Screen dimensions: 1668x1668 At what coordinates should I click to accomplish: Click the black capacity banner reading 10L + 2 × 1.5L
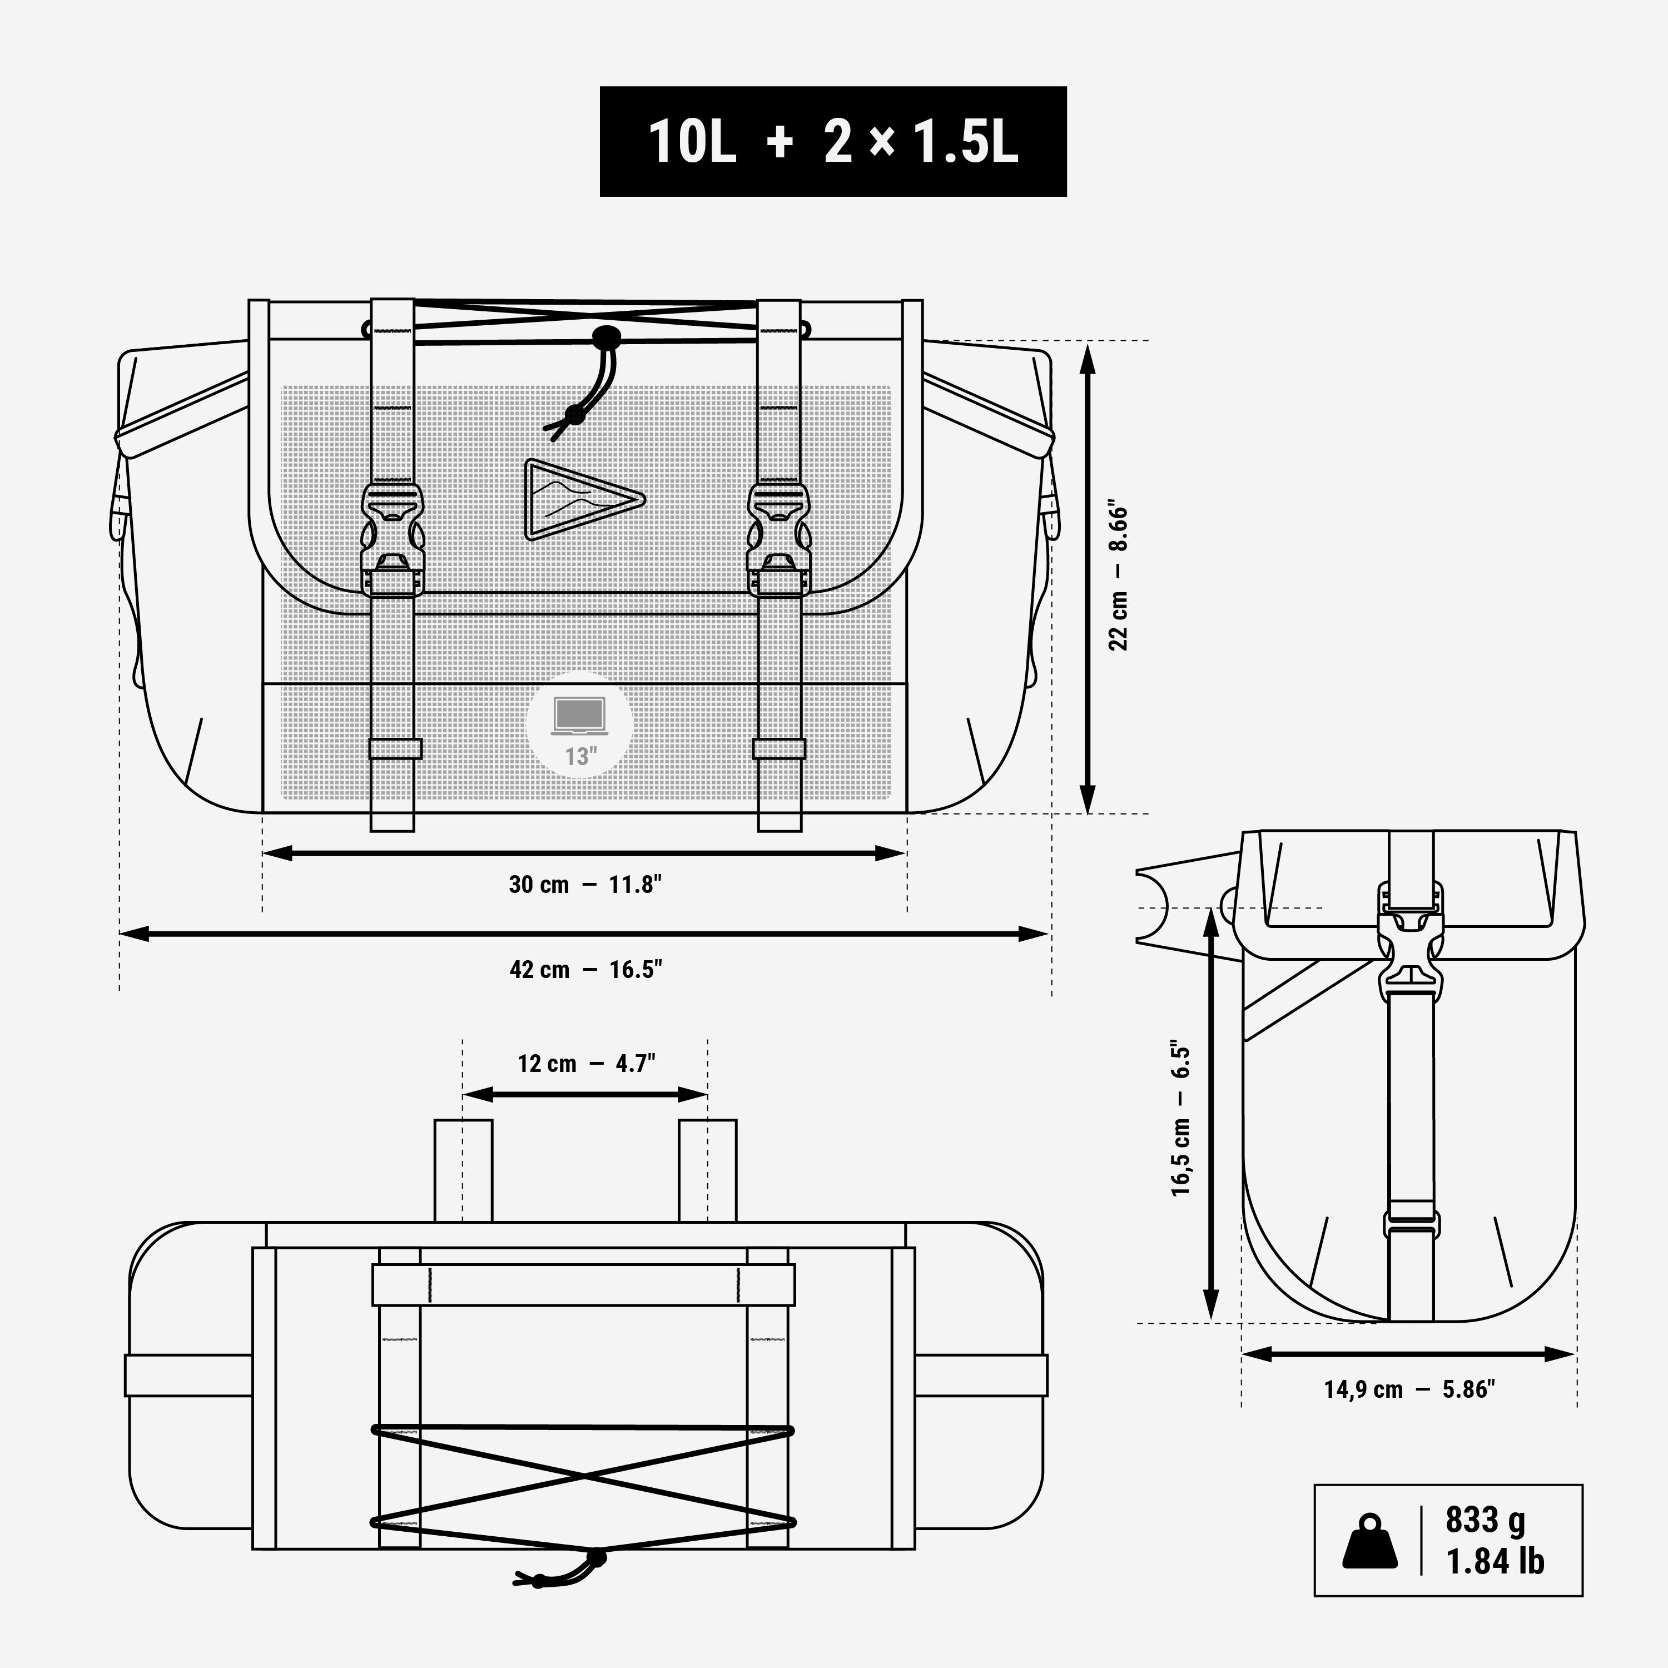833,142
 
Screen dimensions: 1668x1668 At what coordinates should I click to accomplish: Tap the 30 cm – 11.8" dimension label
585,885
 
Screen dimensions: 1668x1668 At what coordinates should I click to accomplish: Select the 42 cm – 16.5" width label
585,970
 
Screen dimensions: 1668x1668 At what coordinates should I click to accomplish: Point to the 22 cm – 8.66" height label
1118,576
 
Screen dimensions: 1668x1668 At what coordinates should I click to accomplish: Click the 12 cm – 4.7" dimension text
586,1064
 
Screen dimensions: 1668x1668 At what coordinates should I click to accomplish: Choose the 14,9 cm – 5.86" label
1409,1413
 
